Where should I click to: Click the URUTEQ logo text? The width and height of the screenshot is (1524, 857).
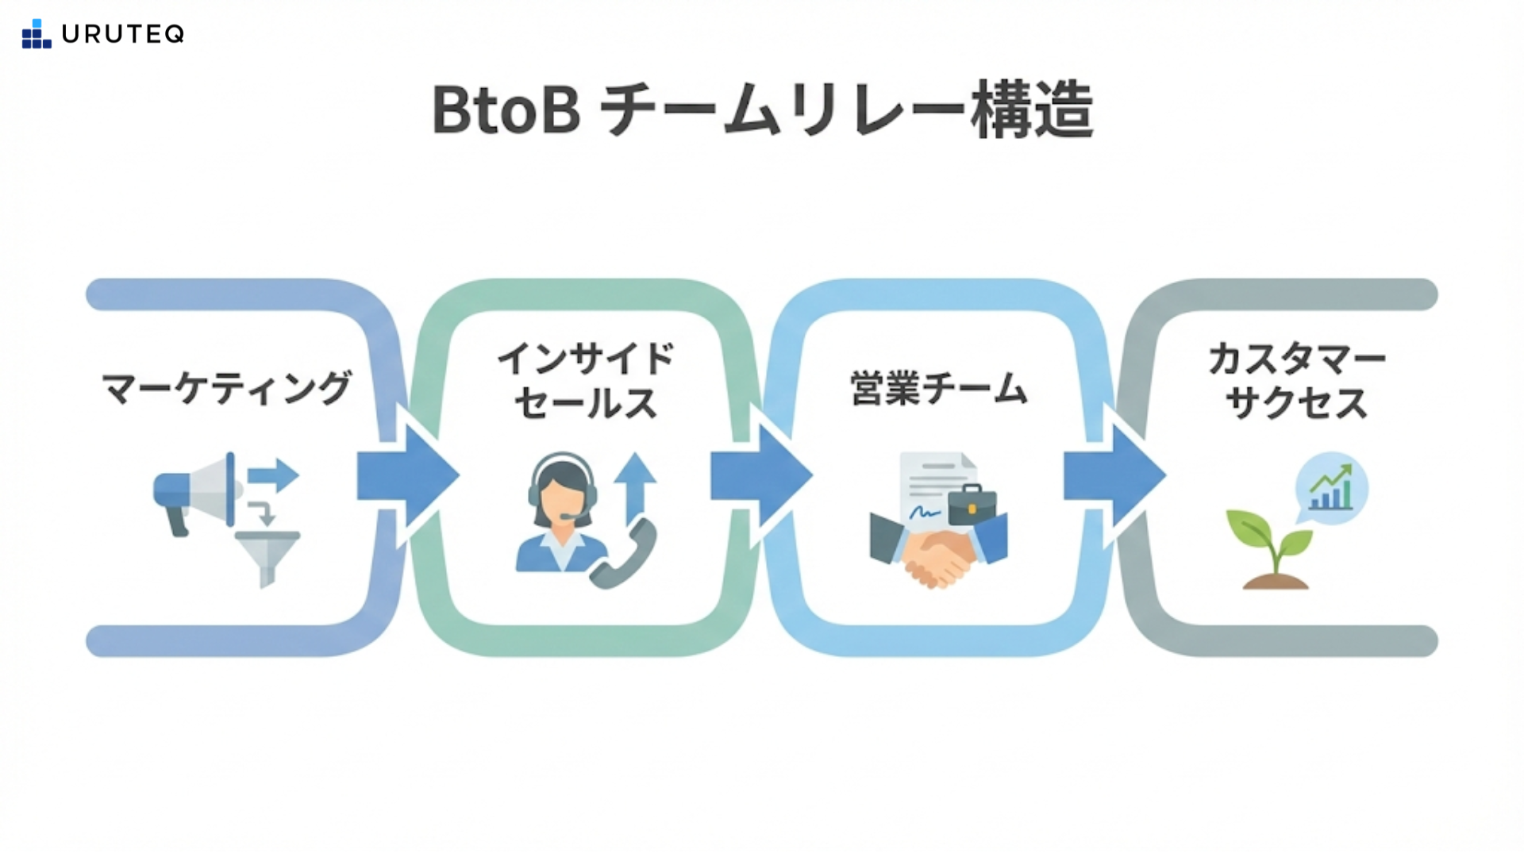pos(123,34)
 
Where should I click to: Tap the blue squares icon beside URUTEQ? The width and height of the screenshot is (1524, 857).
pos(36,34)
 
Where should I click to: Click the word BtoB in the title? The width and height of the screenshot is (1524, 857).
pos(506,110)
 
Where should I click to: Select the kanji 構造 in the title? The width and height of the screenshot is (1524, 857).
pos(1033,110)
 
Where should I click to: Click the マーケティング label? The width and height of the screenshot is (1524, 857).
pos(226,388)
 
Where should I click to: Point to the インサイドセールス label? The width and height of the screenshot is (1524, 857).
pos(586,381)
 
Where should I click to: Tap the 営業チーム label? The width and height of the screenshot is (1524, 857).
pos(939,388)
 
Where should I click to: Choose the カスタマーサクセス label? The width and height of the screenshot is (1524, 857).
pos(1296,381)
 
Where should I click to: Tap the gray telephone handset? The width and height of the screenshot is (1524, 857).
pos(626,555)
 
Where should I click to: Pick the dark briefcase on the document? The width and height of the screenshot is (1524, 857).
pos(972,504)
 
